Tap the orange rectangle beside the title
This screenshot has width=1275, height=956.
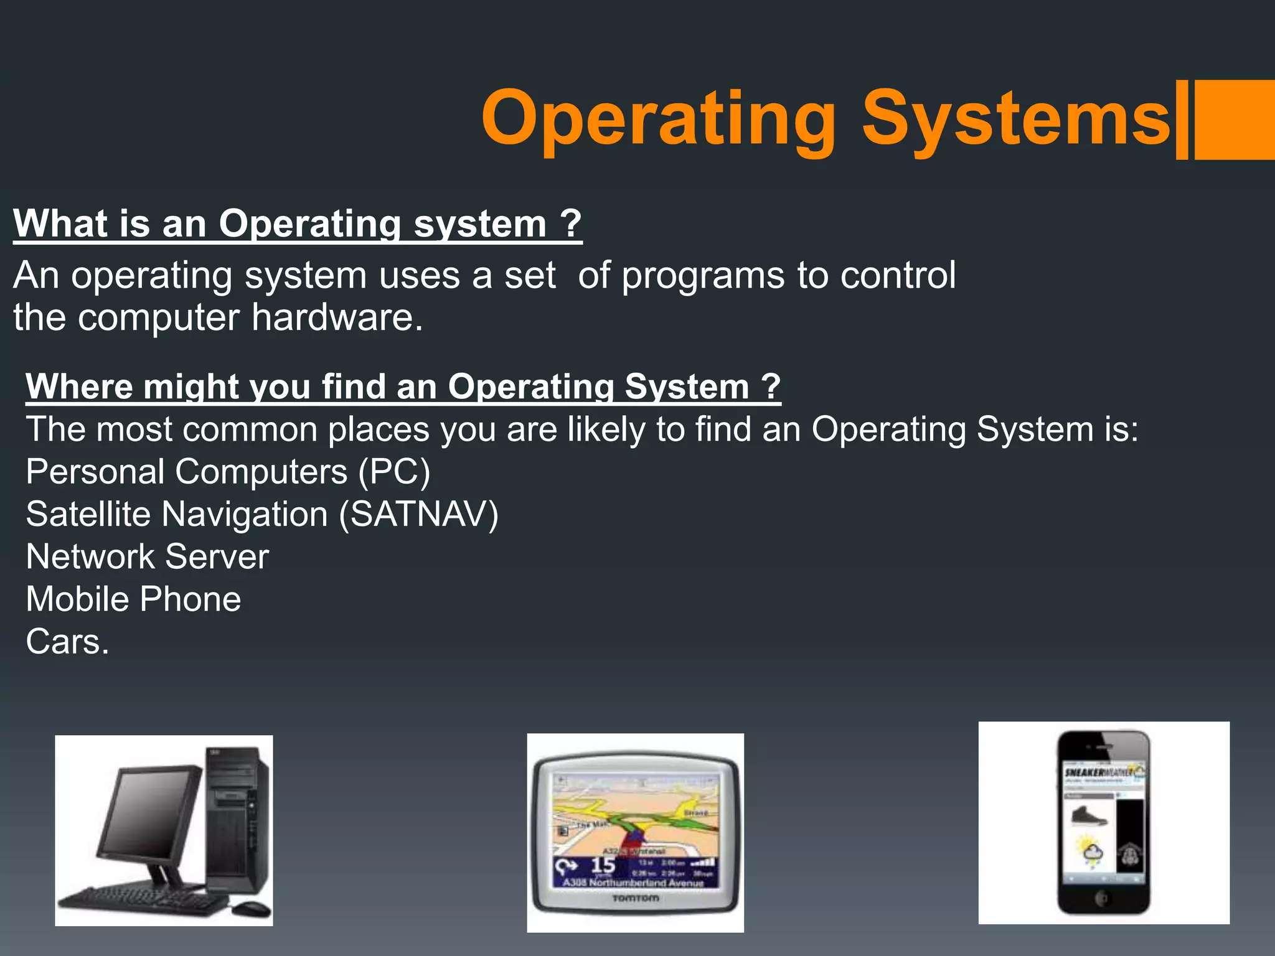click(x=1234, y=119)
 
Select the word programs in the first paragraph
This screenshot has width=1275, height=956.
click(x=703, y=276)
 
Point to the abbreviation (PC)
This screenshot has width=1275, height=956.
click(x=394, y=472)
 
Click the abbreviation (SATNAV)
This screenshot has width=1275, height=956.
click(x=418, y=514)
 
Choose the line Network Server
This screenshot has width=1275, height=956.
click(x=148, y=556)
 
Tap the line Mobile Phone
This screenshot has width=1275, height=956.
click(x=133, y=599)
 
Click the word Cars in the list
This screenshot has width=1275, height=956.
click(x=63, y=642)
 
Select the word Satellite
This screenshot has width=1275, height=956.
click(x=88, y=514)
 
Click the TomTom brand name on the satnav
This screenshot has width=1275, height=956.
click(x=635, y=898)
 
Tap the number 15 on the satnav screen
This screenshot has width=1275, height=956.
click(x=603, y=865)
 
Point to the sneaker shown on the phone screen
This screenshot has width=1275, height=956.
click(x=1089, y=816)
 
